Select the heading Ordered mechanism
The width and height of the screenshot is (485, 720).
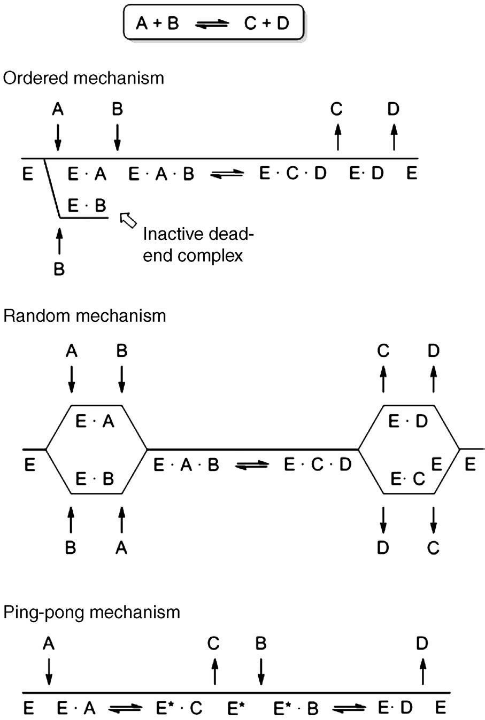pyautogui.click(x=83, y=78)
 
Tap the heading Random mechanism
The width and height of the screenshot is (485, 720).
pyautogui.click(x=84, y=315)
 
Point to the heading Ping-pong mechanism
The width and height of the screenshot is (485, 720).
pyautogui.click(x=92, y=611)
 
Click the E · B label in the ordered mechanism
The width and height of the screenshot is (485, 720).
pyautogui.click(x=88, y=206)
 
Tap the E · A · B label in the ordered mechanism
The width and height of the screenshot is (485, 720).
pyautogui.click(x=161, y=174)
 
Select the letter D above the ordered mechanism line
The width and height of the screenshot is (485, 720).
pyautogui.click(x=394, y=110)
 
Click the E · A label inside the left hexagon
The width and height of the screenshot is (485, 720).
pyautogui.click(x=95, y=422)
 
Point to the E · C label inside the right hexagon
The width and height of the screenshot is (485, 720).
pyautogui.click(x=407, y=479)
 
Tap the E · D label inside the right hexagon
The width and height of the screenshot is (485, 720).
pyautogui.click(x=408, y=422)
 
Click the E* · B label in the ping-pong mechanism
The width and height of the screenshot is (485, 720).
pyautogui.click(x=296, y=708)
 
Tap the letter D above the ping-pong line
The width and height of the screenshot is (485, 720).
pyautogui.click(x=422, y=644)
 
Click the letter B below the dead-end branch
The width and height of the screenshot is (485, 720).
pyautogui.click(x=59, y=269)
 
